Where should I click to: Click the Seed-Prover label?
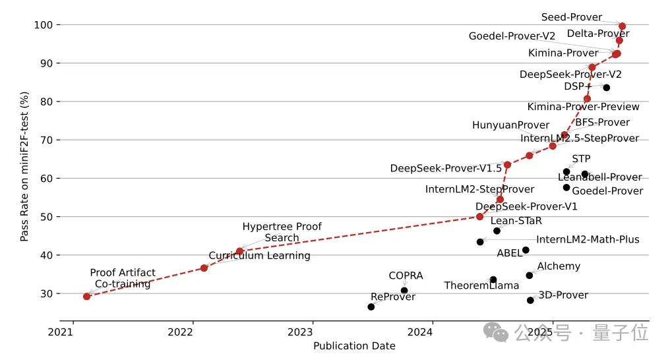click(572, 17)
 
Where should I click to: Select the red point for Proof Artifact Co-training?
click(86, 296)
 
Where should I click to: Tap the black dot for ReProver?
click(371, 307)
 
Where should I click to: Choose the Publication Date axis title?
click(354, 346)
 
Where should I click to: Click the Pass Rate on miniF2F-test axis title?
click(24, 166)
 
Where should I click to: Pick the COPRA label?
click(406, 276)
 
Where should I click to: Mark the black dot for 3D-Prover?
click(530, 300)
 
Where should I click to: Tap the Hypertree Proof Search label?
click(282, 232)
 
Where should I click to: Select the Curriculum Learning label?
click(259, 256)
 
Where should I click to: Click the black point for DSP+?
click(606, 88)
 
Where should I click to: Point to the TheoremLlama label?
click(481, 285)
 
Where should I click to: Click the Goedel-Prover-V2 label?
click(512, 36)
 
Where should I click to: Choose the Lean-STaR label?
click(516, 221)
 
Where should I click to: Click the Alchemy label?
click(559, 266)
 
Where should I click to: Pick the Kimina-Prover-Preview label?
click(583, 107)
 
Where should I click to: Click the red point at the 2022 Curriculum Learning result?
click(204, 268)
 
